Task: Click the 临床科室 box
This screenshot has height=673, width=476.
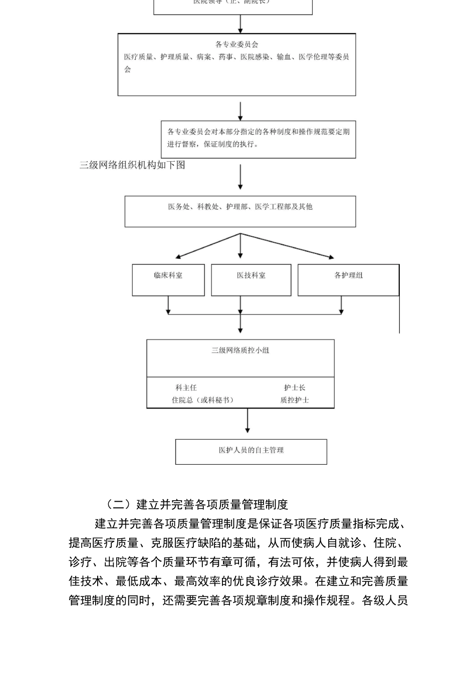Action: click(x=168, y=279)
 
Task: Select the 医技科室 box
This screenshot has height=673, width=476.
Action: click(x=251, y=279)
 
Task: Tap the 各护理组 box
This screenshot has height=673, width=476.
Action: click(x=348, y=279)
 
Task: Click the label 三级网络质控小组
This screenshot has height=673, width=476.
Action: click(x=240, y=351)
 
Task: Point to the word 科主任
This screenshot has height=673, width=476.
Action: click(x=186, y=388)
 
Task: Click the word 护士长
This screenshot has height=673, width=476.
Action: click(x=294, y=388)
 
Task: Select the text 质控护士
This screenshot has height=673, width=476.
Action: click(x=294, y=400)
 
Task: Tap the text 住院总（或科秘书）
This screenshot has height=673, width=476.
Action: click(x=202, y=400)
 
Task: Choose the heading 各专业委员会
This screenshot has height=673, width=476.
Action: click(x=236, y=45)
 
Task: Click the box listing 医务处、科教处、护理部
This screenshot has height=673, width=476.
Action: click(x=240, y=211)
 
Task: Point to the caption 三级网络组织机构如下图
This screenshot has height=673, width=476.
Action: click(x=132, y=165)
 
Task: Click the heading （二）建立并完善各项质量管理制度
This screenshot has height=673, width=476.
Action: click(x=197, y=504)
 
